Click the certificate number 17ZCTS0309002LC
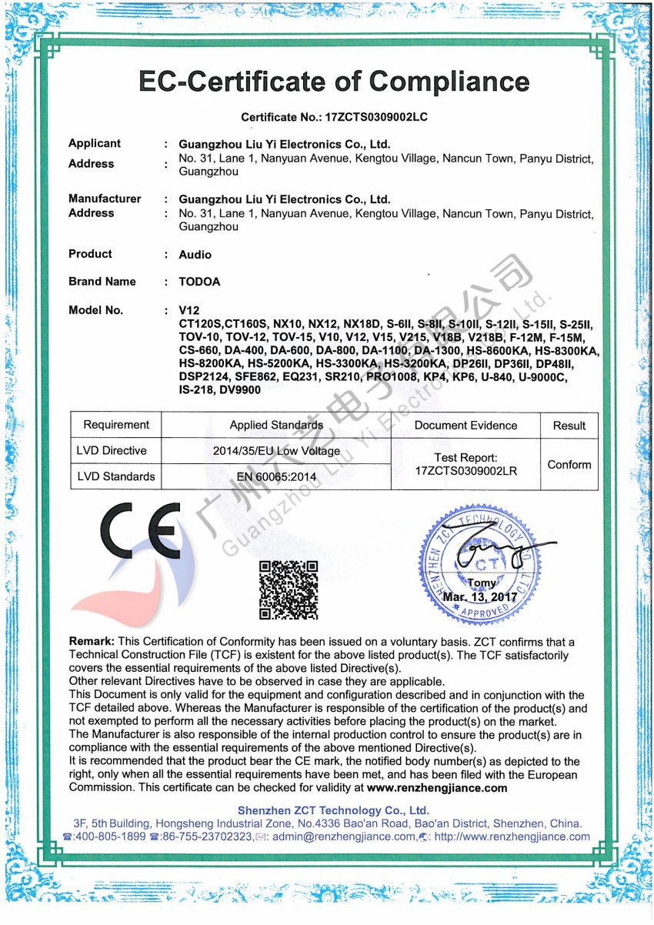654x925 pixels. (376, 118)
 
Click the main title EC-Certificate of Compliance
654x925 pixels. (334, 82)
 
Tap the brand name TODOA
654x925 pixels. (199, 282)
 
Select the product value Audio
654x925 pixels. (195, 255)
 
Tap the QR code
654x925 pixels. (288, 589)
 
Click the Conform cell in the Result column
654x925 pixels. (569, 465)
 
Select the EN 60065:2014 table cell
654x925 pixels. (276, 477)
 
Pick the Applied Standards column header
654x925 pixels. (276, 425)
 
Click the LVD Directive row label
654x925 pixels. (112, 451)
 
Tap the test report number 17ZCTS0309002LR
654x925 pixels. (465, 471)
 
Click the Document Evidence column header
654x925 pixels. (465, 425)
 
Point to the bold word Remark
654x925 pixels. (92, 642)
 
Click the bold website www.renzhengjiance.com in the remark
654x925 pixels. (437, 788)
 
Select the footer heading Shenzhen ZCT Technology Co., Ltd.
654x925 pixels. (333, 810)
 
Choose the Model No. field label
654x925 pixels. (95, 310)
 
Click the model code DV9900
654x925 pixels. (239, 390)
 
